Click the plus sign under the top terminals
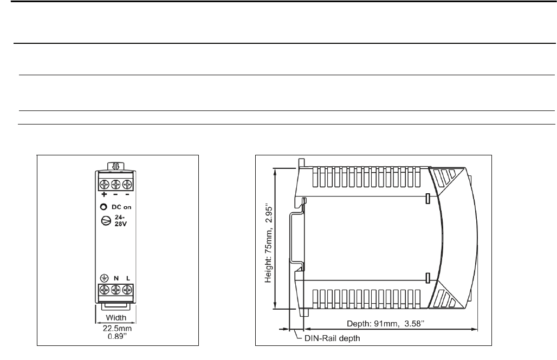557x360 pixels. click(104, 194)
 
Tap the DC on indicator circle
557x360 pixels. click(103, 207)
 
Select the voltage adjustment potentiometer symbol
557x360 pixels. click(106, 220)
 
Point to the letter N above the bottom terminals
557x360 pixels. click(116, 278)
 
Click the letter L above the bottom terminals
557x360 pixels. click(128, 278)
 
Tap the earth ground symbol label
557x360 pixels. click(104, 278)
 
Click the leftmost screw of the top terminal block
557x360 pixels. click(105, 185)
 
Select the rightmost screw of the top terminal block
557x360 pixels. click(127, 185)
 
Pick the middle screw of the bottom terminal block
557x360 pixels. click(116, 290)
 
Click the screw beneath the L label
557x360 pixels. click(127, 290)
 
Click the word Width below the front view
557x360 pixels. click(116, 317)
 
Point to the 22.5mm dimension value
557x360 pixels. click(117, 329)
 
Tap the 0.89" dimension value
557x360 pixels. click(117, 336)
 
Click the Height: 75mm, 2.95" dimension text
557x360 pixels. click(269, 244)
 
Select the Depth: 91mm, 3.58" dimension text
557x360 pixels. click(386, 323)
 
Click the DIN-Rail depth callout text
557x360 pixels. click(332, 338)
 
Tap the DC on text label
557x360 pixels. click(121, 207)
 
